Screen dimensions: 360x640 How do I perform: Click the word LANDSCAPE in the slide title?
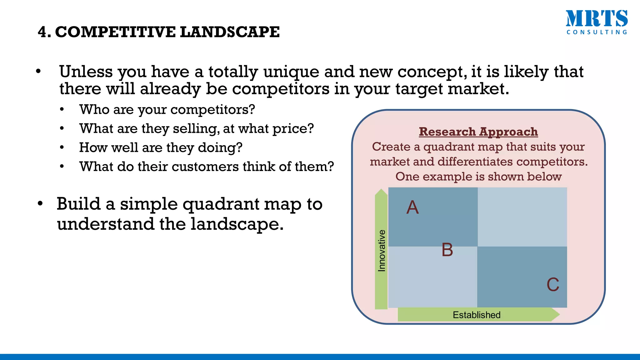click(x=230, y=32)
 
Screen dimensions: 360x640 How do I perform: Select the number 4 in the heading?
click(x=43, y=32)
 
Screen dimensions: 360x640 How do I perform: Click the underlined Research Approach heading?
click(x=478, y=132)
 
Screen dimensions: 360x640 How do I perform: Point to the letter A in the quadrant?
click(x=412, y=207)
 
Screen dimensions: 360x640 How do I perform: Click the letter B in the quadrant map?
click(x=447, y=250)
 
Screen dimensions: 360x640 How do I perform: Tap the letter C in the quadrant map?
click(x=553, y=285)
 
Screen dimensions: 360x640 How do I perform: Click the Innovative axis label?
click(x=382, y=251)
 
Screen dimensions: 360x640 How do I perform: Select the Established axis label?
click(x=477, y=315)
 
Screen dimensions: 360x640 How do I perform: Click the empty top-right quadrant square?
click(x=522, y=217)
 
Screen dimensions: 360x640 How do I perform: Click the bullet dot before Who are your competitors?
click(x=62, y=109)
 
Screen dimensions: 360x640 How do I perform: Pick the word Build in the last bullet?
click(x=78, y=204)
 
